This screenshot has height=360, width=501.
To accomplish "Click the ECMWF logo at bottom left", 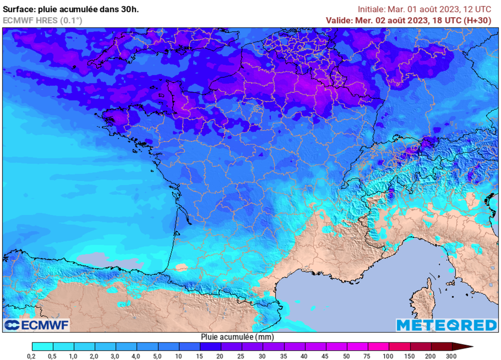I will (x=37, y=325).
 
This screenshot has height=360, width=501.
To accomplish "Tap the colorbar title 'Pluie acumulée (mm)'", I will (x=237, y=337).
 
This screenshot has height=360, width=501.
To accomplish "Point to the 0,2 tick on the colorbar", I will (x=32, y=355).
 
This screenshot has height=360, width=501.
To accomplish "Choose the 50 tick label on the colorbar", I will (x=347, y=355).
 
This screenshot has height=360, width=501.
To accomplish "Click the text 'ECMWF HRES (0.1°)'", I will (x=43, y=21).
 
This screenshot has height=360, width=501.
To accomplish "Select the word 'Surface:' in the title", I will (x=19, y=9).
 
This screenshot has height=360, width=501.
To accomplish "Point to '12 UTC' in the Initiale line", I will (x=478, y=9).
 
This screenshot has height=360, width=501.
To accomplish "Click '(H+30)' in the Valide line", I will (x=478, y=21).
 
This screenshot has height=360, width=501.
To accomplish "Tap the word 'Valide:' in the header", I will (x=339, y=21).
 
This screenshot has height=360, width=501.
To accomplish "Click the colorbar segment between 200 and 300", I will (x=441, y=347).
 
